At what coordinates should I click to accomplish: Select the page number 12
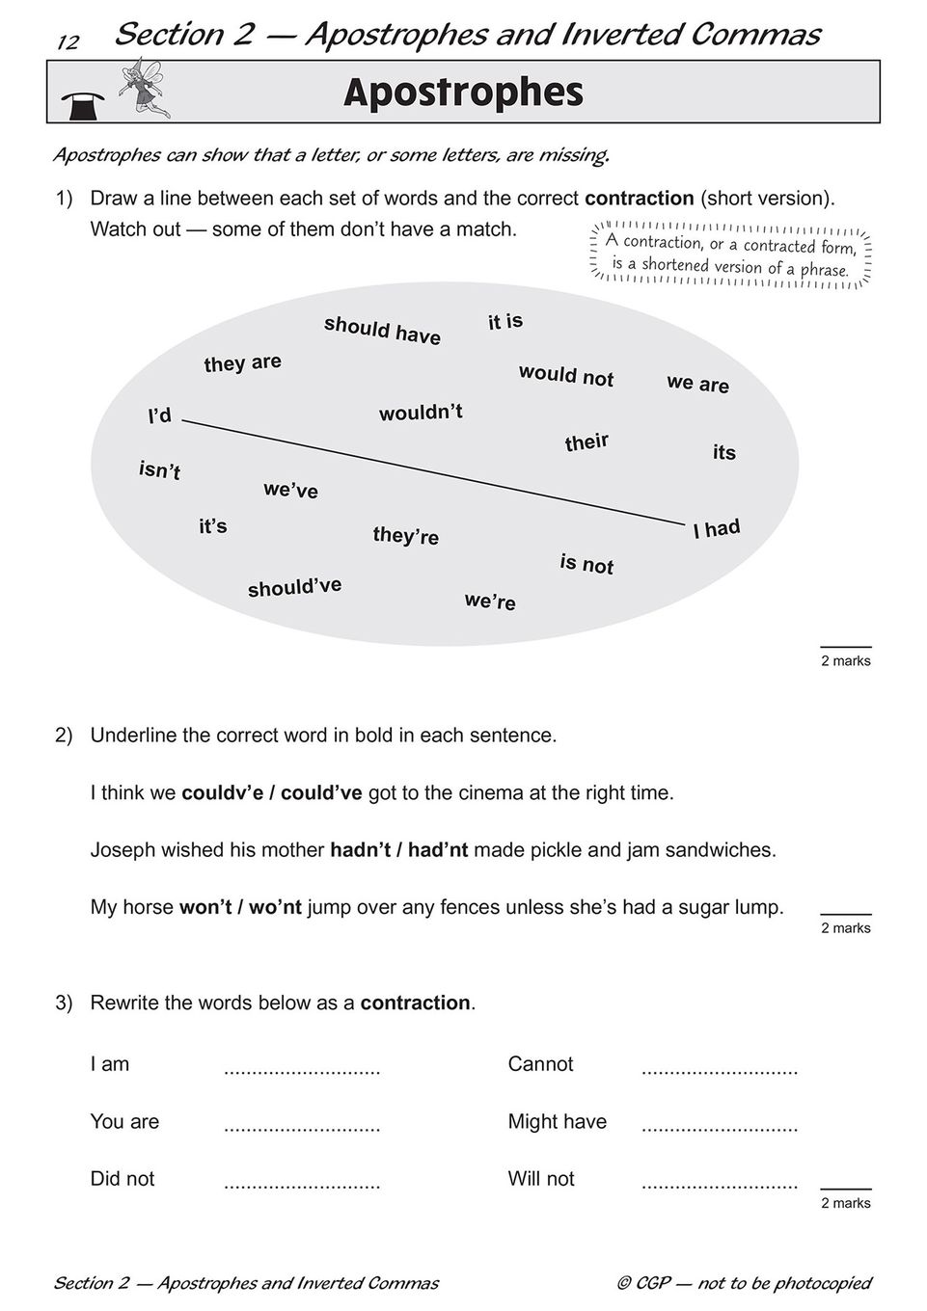click(68, 42)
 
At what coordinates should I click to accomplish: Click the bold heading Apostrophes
click(463, 94)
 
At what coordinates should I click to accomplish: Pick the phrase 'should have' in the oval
click(382, 330)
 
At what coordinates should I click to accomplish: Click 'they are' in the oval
click(242, 362)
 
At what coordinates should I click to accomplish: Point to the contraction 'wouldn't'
click(421, 413)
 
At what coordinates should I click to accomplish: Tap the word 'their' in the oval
click(586, 442)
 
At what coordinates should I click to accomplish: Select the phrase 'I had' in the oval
click(717, 528)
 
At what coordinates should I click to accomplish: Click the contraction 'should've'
click(294, 587)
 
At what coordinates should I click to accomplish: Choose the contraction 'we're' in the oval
click(490, 602)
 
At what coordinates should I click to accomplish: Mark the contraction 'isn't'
click(159, 470)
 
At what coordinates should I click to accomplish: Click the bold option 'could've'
click(321, 793)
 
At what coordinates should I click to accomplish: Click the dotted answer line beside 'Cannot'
click(720, 1070)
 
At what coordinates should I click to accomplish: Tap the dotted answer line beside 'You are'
click(302, 1127)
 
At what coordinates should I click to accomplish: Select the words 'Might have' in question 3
click(558, 1122)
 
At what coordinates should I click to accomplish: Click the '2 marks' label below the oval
click(846, 661)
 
